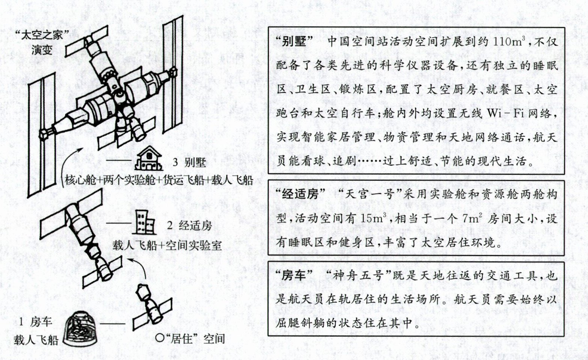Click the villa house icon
pyautogui.click(x=148, y=159)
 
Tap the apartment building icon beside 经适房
pyautogui.click(x=144, y=222)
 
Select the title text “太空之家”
pyautogui.click(x=42, y=35)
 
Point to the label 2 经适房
pyautogui.click(x=189, y=225)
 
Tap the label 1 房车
pyautogui.click(x=35, y=322)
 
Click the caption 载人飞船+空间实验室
pyautogui.click(x=167, y=245)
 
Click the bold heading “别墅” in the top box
pyautogui.click(x=294, y=42)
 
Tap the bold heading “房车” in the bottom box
pyautogui.click(x=294, y=276)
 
